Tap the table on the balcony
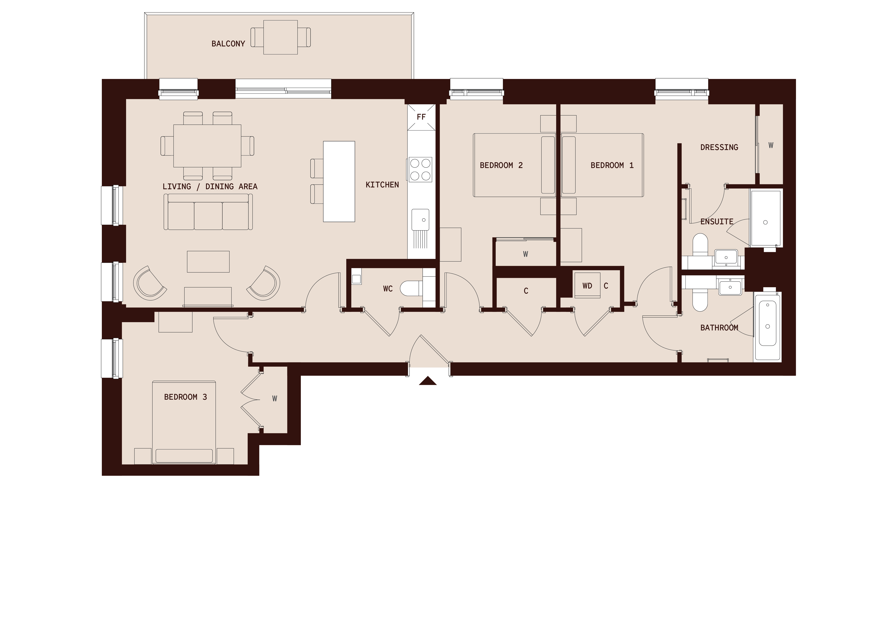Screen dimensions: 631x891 [281, 37]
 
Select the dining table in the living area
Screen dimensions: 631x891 [207, 146]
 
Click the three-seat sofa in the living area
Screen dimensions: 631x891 [208, 213]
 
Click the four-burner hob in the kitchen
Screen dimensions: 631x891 [420, 169]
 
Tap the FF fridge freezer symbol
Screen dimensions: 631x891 [421, 117]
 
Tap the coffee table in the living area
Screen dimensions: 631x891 [208, 262]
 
